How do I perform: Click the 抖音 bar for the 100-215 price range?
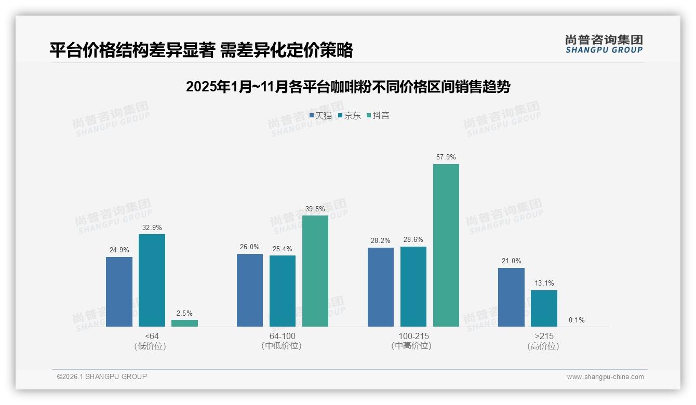[446, 245]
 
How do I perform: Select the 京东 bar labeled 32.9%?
[152, 280]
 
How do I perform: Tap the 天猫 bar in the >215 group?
[511, 297]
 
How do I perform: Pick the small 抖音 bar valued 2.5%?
[184, 323]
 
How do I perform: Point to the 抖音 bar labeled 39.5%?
[315, 271]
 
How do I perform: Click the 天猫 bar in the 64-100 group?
[250, 290]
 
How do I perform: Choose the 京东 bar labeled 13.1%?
[544, 308]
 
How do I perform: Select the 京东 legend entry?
[350, 116]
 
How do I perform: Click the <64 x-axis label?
[152, 336]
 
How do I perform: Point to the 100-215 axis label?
[413, 336]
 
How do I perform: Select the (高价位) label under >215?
[543, 346]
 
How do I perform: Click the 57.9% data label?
[446, 157]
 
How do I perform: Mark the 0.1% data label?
[577, 320]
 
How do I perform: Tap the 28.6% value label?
[413, 240]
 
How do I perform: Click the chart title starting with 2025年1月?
[348, 87]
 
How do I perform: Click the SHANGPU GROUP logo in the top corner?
[604, 44]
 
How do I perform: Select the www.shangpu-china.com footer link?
[605, 377]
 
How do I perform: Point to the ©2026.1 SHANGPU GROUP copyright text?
[102, 376]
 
